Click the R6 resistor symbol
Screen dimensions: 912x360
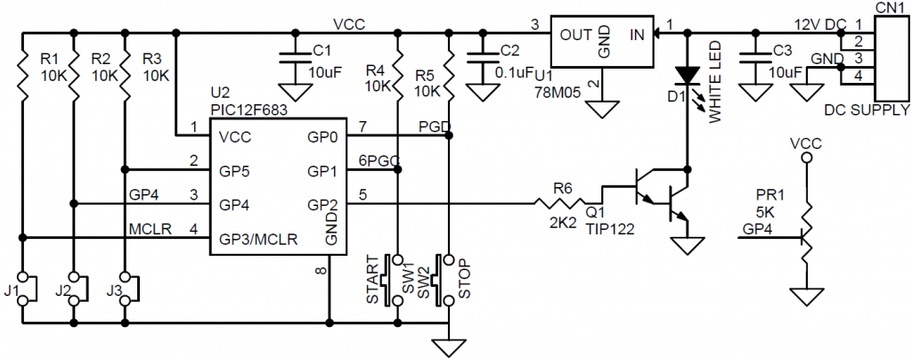pos(559,203)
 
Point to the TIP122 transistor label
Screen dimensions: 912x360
pos(609,229)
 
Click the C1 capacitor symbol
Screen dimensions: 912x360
pos(295,60)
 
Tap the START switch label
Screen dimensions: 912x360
pos(373,279)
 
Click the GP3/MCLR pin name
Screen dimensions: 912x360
pos(257,239)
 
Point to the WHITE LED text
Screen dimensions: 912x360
pos(715,81)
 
